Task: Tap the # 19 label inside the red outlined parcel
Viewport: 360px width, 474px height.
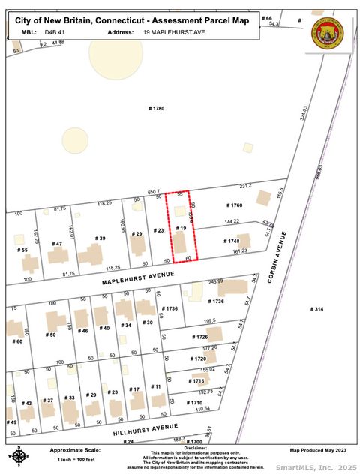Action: point(181,227)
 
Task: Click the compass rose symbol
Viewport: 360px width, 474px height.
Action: point(18,454)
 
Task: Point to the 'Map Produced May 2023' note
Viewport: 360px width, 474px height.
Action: point(319,450)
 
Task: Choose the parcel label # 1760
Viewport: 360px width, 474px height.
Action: point(235,205)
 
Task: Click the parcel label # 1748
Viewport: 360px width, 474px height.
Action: point(234,241)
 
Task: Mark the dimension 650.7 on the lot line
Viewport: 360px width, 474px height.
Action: point(154,191)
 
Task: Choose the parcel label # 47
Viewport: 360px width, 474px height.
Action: point(58,244)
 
